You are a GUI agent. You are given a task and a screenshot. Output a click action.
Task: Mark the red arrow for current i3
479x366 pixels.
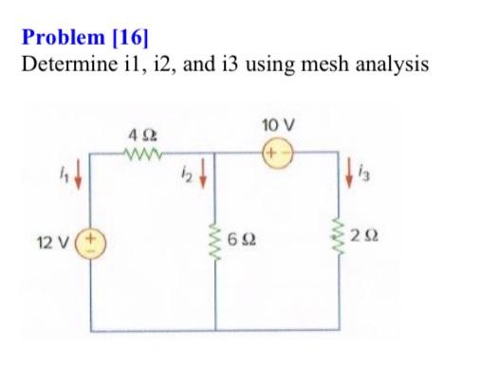pyautogui.click(x=341, y=179)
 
